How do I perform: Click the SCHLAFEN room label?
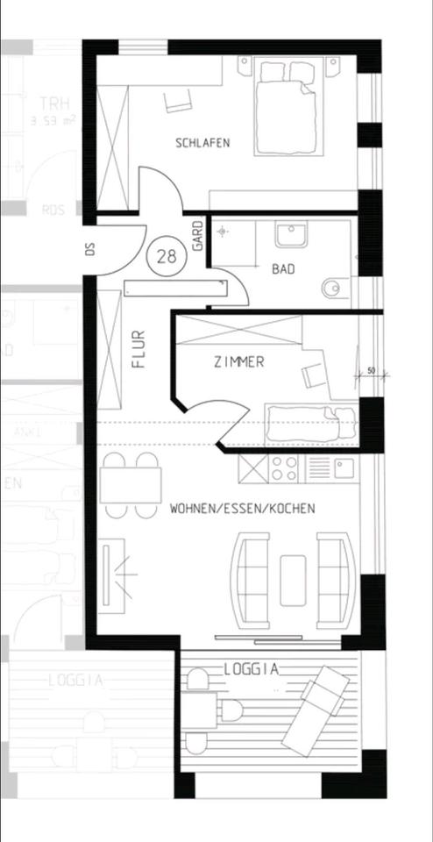point(202,142)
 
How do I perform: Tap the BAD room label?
point(282,269)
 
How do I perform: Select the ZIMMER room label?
point(238,362)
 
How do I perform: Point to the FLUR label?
point(138,347)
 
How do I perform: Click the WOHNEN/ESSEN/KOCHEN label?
point(243,509)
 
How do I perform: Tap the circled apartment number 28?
point(165,256)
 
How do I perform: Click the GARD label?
point(199,237)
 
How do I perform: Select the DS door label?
point(89,248)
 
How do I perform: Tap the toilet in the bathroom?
point(335,287)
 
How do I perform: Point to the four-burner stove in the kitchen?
point(285,468)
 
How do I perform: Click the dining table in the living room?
point(131,485)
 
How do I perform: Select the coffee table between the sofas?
point(292,580)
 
